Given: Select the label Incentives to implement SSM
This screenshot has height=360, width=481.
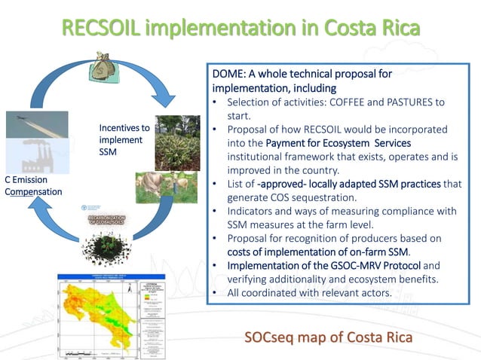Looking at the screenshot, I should pyautogui.click(x=124, y=140).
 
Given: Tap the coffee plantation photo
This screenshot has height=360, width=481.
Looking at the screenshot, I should pyautogui.click(x=177, y=141).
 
